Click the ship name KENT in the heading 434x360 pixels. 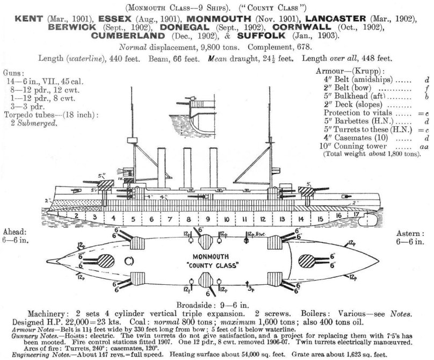(x=29, y=19)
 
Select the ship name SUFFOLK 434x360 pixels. (x=261, y=35)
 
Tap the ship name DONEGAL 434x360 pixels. (x=184, y=27)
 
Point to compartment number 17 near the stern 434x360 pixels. (x=356, y=214)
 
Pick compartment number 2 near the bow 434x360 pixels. (x=76, y=215)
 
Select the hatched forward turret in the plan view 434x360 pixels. (x=106, y=262)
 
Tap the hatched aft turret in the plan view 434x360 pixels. (x=307, y=262)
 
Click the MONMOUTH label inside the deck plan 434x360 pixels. (x=211, y=257)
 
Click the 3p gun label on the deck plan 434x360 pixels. (x=251, y=290)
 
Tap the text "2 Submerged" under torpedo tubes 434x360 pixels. (x=34, y=123)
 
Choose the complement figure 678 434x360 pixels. (x=304, y=47)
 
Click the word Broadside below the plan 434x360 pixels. (x=194, y=305)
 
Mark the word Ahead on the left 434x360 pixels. (x=15, y=232)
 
